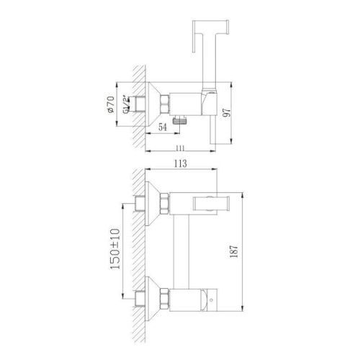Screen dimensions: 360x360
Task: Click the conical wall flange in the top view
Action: click(x=154, y=107)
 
